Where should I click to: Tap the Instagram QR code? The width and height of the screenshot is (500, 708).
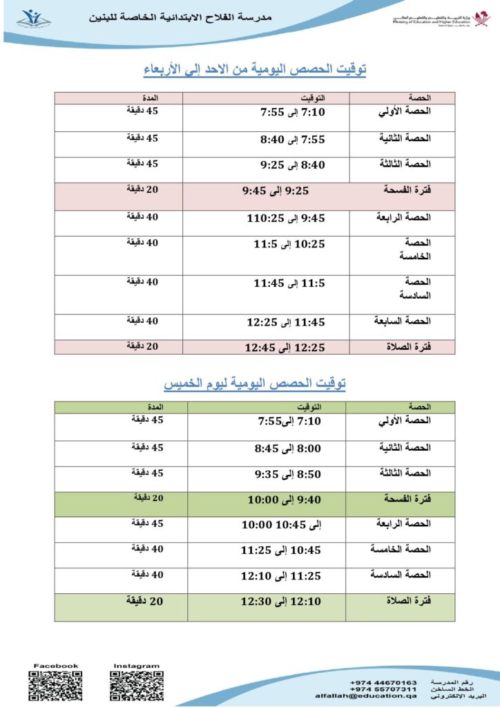click(136, 686)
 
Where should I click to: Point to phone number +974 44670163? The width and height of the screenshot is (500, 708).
click(383, 682)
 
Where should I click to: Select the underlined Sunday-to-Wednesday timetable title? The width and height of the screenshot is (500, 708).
click(255, 69)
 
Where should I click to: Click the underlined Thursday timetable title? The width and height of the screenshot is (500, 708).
click(255, 382)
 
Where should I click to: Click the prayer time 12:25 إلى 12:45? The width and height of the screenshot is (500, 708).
click(284, 348)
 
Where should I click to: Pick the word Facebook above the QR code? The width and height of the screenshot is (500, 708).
click(57, 666)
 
